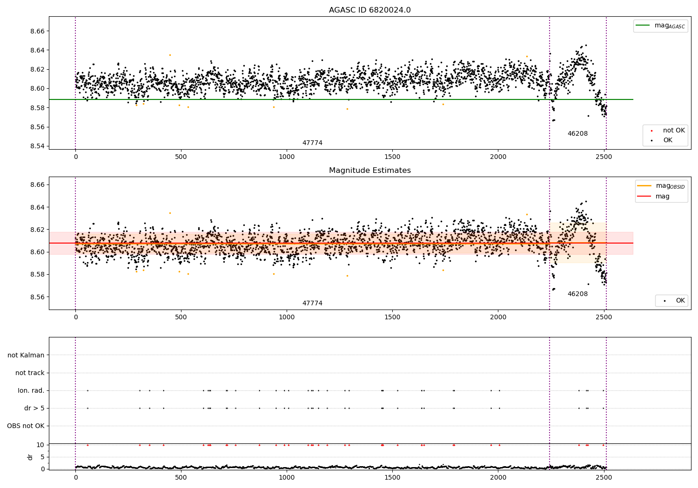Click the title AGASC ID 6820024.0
coord(369,10)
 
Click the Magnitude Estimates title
coord(369,171)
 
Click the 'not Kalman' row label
coord(26,355)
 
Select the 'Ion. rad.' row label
coord(31,390)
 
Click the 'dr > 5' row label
coord(34,408)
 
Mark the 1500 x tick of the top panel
coord(392,157)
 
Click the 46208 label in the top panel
coord(577,134)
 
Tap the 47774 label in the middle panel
coord(312,303)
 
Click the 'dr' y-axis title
coord(30,457)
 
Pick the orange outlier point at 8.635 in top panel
coord(170,55)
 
